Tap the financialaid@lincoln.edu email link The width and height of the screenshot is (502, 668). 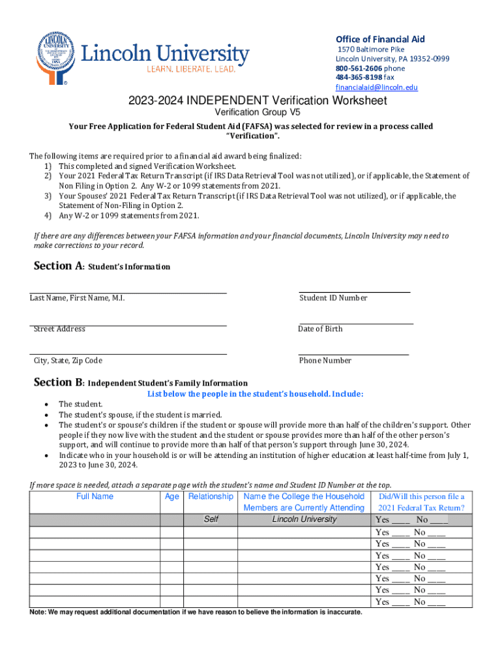pyautogui.click(x=376, y=87)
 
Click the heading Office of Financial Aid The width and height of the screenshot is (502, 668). pyautogui.click(x=379, y=39)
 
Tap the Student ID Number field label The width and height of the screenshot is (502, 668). pyautogui.click(x=333, y=298)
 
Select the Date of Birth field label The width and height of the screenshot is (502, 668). pyautogui.click(x=320, y=329)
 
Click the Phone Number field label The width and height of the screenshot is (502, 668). pyautogui.click(x=325, y=361)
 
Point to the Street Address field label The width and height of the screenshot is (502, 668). pyautogui.click(x=59, y=329)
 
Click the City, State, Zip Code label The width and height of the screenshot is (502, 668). pyautogui.click(x=68, y=361)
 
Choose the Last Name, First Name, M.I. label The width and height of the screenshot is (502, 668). pyautogui.click(x=77, y=298)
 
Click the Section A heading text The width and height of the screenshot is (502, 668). pyautogui.click(x=102, y=266)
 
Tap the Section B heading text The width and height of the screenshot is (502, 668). pyautogui.click(x=140, y=383)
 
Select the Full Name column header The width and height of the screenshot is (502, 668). pyautogui.click(x=95, y=496)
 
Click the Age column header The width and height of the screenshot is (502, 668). pyautogui.click(x=172, y=496)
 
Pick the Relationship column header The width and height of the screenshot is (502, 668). pyautogui.click(x=211, y=496)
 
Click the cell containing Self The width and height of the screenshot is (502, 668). pyautogui.click(x=211, y=519)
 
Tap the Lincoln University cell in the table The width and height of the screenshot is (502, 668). pyautogui.click(x=304, y=519)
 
